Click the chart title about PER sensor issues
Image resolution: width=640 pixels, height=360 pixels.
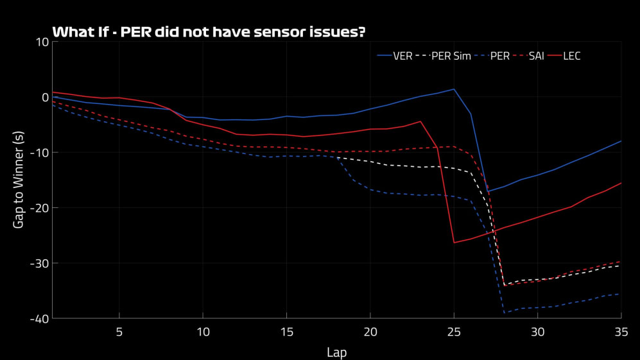tap(209, 31)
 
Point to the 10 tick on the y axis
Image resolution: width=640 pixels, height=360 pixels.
tap(43, 42)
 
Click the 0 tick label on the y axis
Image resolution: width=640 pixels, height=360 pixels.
tap(46, 97)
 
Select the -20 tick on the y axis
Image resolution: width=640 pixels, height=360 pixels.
tap(40, 207)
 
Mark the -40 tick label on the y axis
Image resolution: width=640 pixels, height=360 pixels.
tap(40, 318)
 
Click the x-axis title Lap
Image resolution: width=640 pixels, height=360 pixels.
tap(336, 351)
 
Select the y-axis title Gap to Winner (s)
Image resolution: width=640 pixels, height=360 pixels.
tap(19, 180)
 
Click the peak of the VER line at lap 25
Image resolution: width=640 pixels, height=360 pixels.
tap(454, 89)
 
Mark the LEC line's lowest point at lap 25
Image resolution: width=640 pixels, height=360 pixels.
tap(454, 243)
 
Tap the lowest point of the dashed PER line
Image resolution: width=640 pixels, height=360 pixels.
tap(504, 313)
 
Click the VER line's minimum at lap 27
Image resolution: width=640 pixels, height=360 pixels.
tap(487, 191)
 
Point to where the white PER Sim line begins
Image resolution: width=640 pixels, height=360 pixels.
tap(336, 157)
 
